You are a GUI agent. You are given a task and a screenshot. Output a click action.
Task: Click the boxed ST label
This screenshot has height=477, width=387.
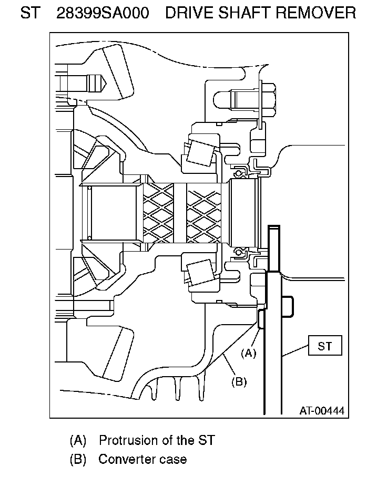325,346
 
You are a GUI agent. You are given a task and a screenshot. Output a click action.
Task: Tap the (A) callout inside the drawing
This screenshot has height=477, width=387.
248,353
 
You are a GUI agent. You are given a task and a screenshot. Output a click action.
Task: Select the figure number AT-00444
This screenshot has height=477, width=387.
322,411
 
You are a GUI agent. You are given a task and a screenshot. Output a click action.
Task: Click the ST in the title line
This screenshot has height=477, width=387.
30,13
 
